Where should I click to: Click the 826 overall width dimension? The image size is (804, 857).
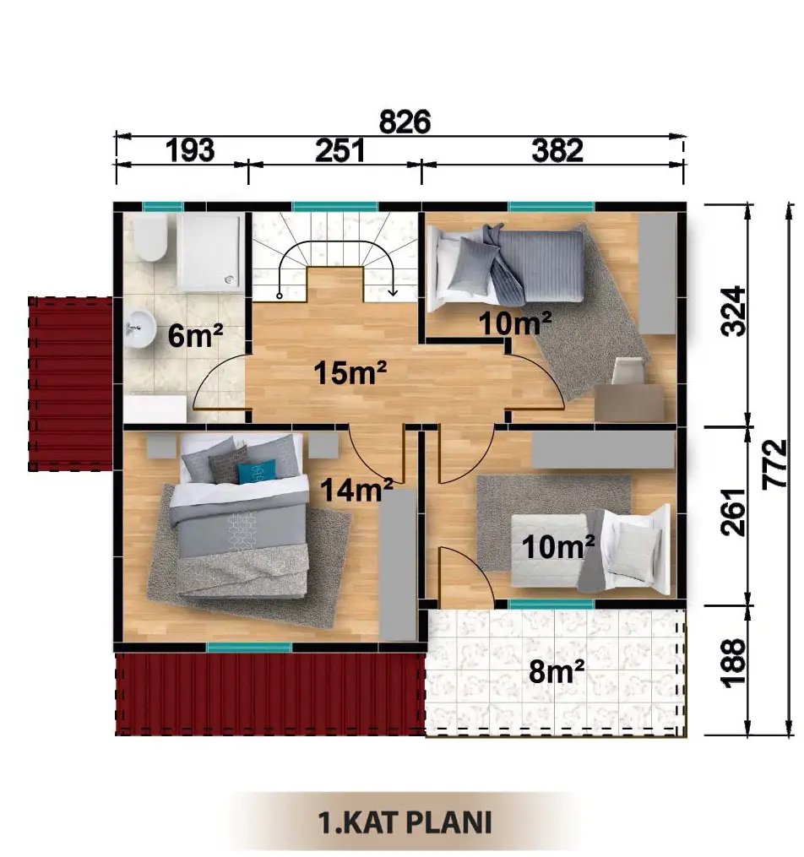click(x=405, y=122)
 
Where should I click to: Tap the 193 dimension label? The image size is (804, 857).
click(x=190, y=150)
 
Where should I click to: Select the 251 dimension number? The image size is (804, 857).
click(x=340, y=150)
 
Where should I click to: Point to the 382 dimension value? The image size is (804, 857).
click(x=557, y=150)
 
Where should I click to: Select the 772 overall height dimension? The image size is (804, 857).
click(x=774, y=464)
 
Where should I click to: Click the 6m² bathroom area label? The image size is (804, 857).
click(x=195, y=334)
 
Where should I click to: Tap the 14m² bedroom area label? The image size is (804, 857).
click(x=356, y=489)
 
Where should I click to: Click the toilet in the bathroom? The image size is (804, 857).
click(x=150, y=236)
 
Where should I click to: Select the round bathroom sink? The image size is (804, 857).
click(x=140, y=328)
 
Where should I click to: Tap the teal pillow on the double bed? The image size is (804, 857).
click(x=257, y=472)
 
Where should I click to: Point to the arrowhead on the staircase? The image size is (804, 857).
click(x=393, y=292)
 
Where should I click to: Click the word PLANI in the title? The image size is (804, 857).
click(x=449, y=822)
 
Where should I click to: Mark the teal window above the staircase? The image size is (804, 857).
click(x=334, y=207)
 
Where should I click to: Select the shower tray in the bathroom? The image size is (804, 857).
click(x=210, y=252)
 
